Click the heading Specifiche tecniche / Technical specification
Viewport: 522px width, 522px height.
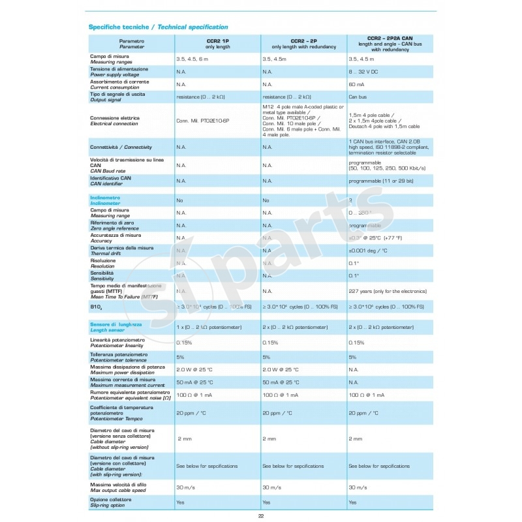[158, 27]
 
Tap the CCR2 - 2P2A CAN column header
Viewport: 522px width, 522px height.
[390, 43]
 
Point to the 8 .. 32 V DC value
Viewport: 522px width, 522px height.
[365, 71]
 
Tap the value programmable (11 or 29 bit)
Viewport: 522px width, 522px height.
[381, 181]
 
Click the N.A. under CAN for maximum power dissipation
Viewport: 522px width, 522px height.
[354, 369]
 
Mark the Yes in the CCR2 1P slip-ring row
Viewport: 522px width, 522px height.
[180, 502]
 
